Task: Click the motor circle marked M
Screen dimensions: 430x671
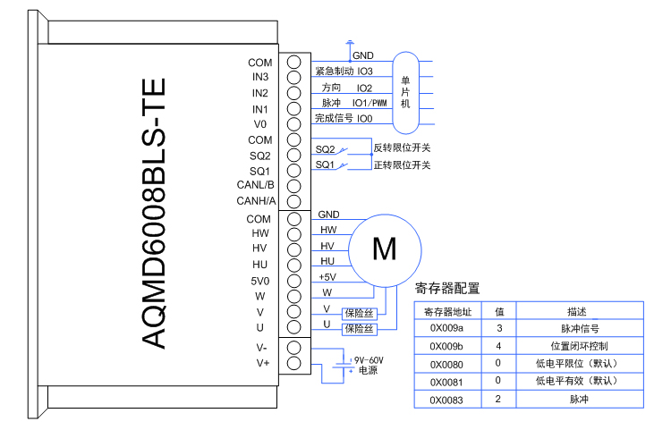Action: click(x=384, y=249)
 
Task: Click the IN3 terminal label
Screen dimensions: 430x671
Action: click(x=260, y=77)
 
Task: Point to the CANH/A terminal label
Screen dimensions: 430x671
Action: click(x=256, y=201)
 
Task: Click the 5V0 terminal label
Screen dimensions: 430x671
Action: click(x=259, y=280)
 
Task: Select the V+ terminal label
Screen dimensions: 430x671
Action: click(x=262, y=362)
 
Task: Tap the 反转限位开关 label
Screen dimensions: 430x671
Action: click(x=402, y=148)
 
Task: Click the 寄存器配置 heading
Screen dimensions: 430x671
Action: click(x=447, y=288)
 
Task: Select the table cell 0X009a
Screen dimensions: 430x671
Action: click(x=446, y=328)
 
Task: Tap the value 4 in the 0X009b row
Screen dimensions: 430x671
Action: click(x=499, y=346)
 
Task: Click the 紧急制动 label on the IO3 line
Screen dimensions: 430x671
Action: click(x=333, y=71)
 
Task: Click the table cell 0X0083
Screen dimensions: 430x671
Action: click(x=446, y=399)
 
